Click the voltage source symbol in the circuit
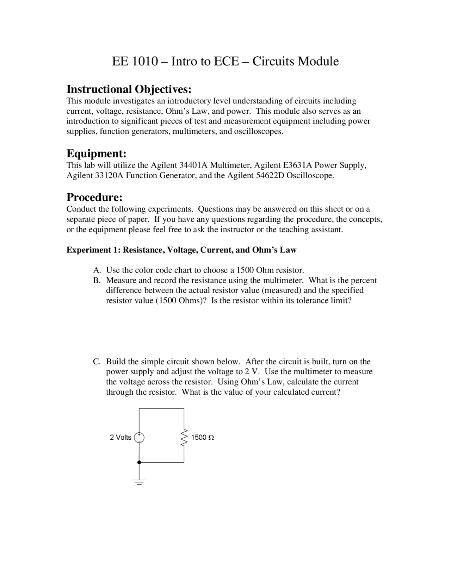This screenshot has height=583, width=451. [x=139, y=438]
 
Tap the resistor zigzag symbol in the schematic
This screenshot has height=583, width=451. [x=184, y=438]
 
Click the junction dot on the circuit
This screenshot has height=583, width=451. [x=139, y=462]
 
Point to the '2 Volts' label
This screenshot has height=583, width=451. [x=121, y=438]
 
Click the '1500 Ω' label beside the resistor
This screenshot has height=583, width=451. [x=202, y=438]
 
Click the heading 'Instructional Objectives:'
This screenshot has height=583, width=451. [x=129, y=89]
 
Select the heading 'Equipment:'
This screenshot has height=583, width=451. [x=97, y=153]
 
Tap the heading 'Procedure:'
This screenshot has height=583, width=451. [x=94, y=197]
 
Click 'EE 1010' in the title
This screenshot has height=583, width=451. [x=135, y=61]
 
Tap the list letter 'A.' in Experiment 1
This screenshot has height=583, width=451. [x=97, y=270]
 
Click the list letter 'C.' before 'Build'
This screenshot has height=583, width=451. [x=97, y=362]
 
